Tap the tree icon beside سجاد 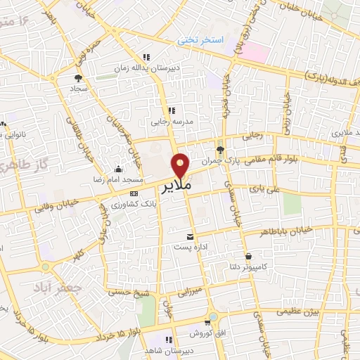tap(78, 79)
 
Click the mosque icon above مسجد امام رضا tap(117, 169)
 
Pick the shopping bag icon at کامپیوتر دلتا tap(248, 256)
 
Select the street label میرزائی tap(188, 291)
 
